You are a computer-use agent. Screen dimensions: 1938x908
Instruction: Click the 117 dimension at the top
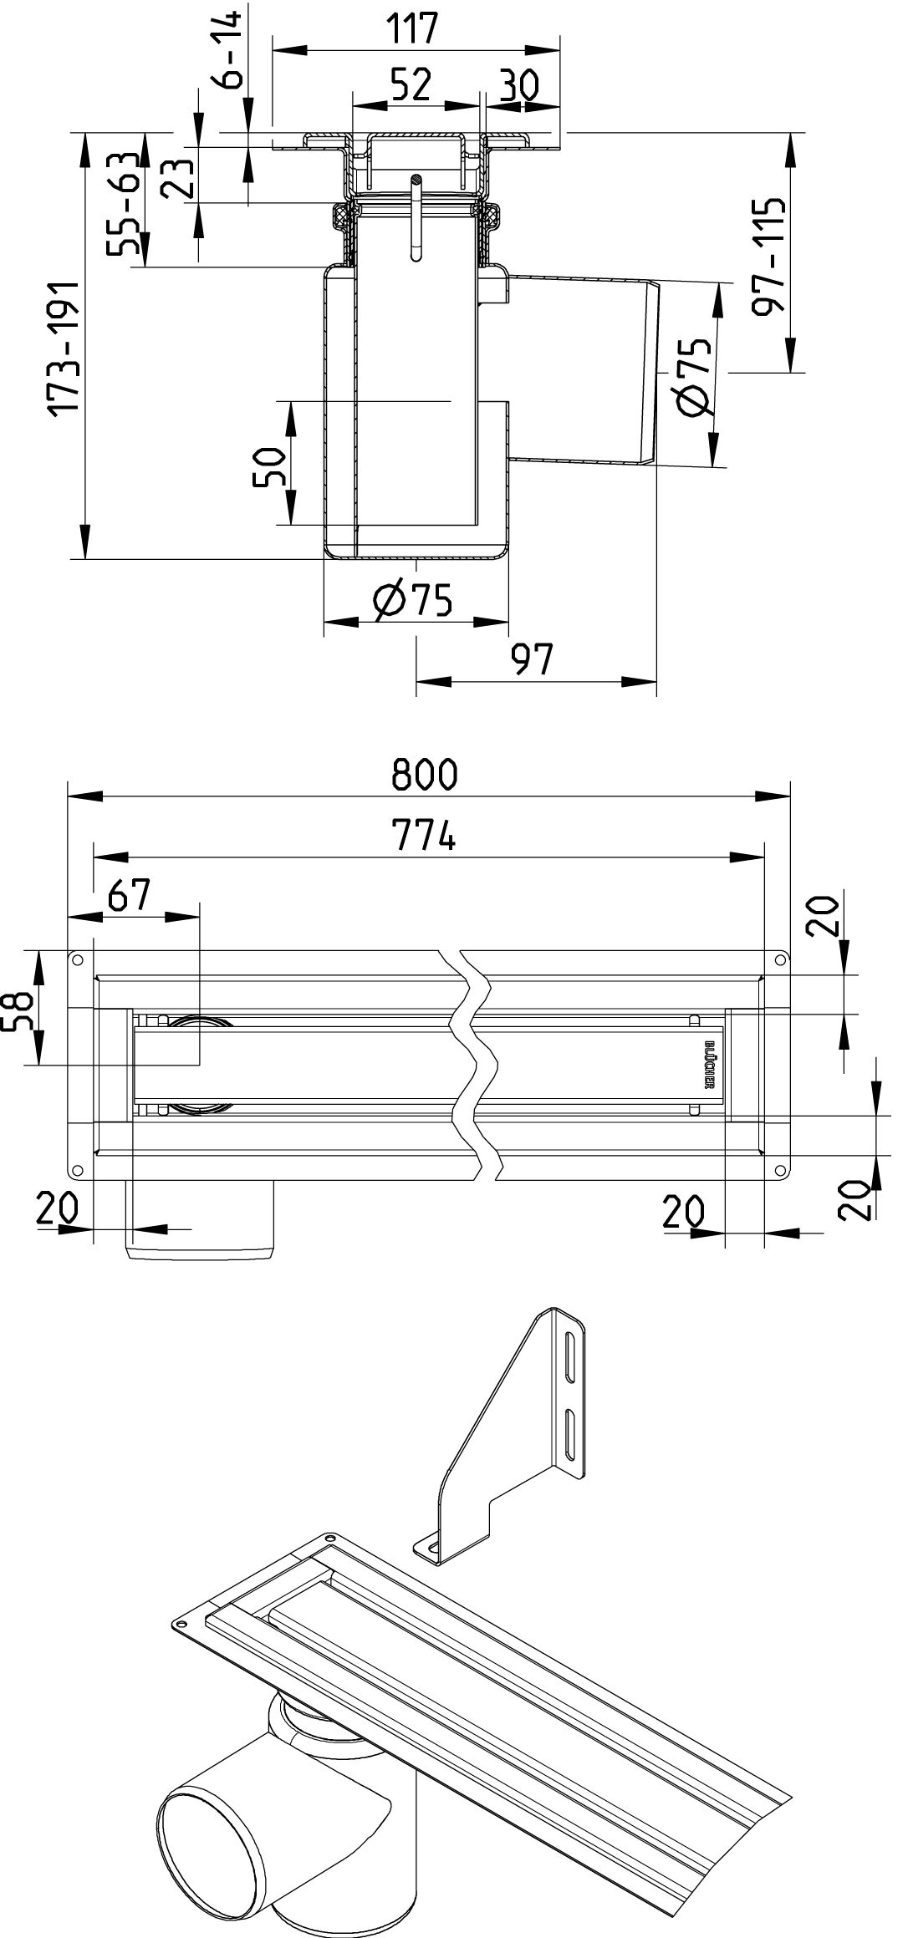414,31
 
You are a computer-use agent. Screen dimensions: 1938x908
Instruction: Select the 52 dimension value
411,84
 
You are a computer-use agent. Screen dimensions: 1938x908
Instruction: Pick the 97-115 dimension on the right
768,255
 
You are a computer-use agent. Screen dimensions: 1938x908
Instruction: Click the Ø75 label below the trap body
413,599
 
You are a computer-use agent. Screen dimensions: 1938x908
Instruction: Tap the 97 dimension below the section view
533,659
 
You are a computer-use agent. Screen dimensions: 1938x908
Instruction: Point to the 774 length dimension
425,836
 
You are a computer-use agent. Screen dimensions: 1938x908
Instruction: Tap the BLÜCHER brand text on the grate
709,1065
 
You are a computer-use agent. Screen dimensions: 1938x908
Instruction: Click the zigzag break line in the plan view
473,1066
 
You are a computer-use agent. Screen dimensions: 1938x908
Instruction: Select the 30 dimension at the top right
519,84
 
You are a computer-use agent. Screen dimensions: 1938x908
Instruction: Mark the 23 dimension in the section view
177,175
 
